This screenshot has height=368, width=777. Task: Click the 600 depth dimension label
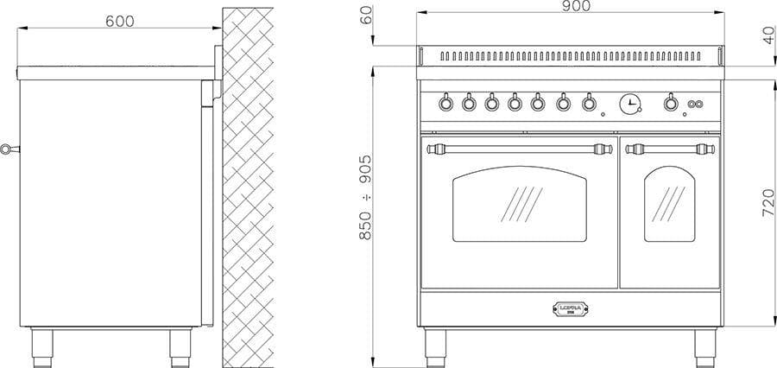[119, 21]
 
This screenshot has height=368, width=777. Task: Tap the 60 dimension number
[366, 16]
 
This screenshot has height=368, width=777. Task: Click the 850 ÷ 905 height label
[366, 198]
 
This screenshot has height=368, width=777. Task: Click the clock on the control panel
[630, 104]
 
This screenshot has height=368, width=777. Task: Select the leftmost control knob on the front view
[446, 104]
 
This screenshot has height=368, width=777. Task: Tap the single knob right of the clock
[670, 104]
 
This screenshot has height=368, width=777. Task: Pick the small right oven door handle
[671, 148]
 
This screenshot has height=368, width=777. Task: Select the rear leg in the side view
[177, 346]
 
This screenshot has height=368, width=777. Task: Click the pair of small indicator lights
[692, 106]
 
